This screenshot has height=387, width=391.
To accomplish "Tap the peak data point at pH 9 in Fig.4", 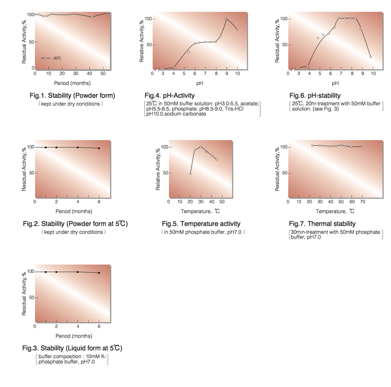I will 226,19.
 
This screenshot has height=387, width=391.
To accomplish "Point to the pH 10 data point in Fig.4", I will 237,30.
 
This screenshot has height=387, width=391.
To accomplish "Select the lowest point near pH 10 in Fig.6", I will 371,57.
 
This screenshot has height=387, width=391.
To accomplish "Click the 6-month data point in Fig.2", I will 99,148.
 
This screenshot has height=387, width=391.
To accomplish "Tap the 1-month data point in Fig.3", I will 46,272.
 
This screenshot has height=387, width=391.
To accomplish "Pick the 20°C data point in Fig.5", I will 190,174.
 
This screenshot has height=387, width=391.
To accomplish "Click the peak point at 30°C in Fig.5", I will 201,147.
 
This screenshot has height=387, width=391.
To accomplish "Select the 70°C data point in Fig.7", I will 362,147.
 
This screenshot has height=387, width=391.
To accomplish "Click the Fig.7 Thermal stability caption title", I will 322,224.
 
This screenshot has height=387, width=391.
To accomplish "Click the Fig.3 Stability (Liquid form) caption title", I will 72,348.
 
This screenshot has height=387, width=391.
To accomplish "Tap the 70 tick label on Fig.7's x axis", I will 362,202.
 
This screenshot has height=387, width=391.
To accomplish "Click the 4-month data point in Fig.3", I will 78,272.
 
